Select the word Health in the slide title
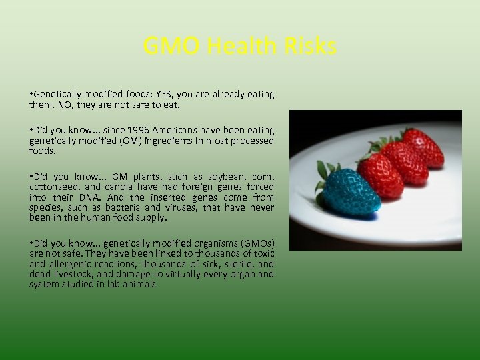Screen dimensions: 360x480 [241, 47]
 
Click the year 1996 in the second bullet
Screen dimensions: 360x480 [145, 131]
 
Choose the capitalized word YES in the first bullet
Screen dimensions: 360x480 [163, 95]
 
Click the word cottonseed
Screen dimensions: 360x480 [53, 188]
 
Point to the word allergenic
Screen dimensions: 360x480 [71, 264]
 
